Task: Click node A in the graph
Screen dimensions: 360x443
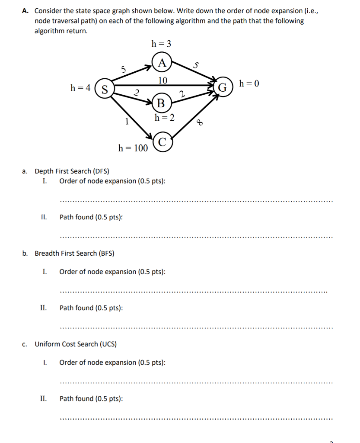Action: tap(162, 63)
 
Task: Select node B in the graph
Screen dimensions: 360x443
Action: tap(161, 103)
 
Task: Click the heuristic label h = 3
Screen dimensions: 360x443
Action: tap(161, 43)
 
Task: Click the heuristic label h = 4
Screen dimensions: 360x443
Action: tap(80, 88)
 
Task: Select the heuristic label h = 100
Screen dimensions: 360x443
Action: tap(133, 148)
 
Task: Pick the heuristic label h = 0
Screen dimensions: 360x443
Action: tap(249, 83)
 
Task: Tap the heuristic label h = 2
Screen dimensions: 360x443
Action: tap(165, 117)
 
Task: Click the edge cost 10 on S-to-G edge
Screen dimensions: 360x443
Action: tap(162, 80)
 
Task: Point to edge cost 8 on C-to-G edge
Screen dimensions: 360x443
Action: tap(200, 122)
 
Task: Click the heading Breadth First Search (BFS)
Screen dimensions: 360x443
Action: tap(74, 254)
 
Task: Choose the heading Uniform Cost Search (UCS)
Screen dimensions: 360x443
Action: tap(75, 344)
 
